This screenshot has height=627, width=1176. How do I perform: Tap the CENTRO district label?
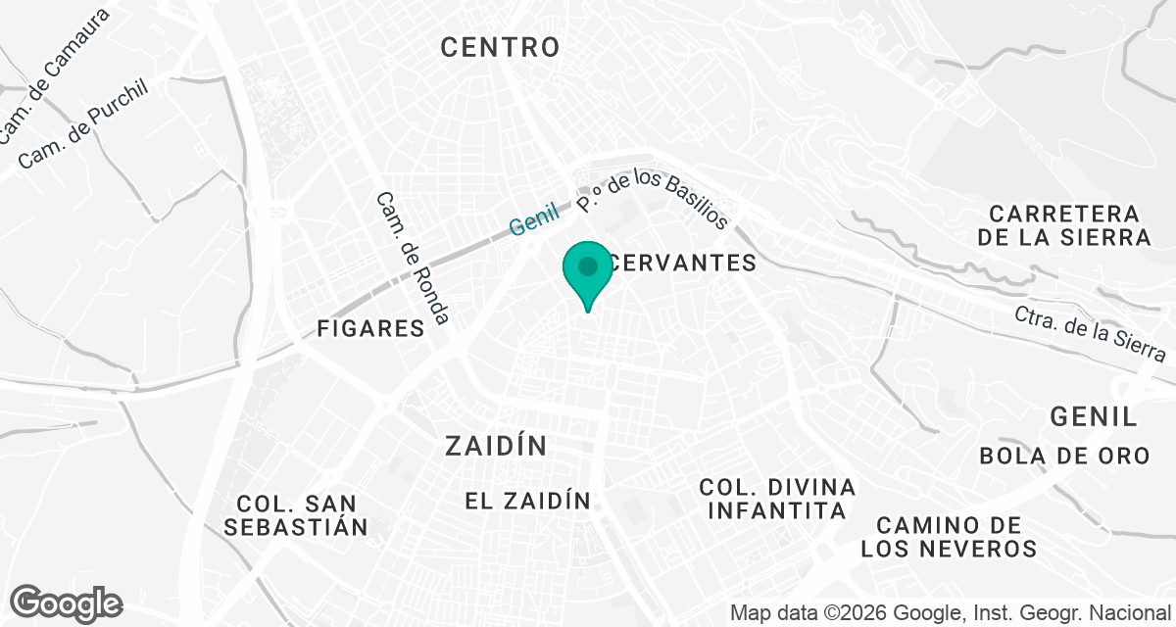500,46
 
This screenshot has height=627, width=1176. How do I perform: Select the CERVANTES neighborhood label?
682,263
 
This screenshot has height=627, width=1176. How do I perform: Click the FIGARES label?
370,328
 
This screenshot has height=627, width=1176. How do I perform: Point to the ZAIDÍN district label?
495,447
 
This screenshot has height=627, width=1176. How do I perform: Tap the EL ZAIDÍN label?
527,502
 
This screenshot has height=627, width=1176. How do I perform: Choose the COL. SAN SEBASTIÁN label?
296,515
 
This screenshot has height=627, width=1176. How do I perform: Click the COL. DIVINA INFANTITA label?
777,499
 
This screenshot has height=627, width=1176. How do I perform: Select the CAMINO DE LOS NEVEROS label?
949,537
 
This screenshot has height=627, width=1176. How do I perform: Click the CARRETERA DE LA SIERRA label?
1069,225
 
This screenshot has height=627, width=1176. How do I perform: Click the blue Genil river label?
533,218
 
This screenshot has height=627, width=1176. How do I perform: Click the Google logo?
67,603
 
